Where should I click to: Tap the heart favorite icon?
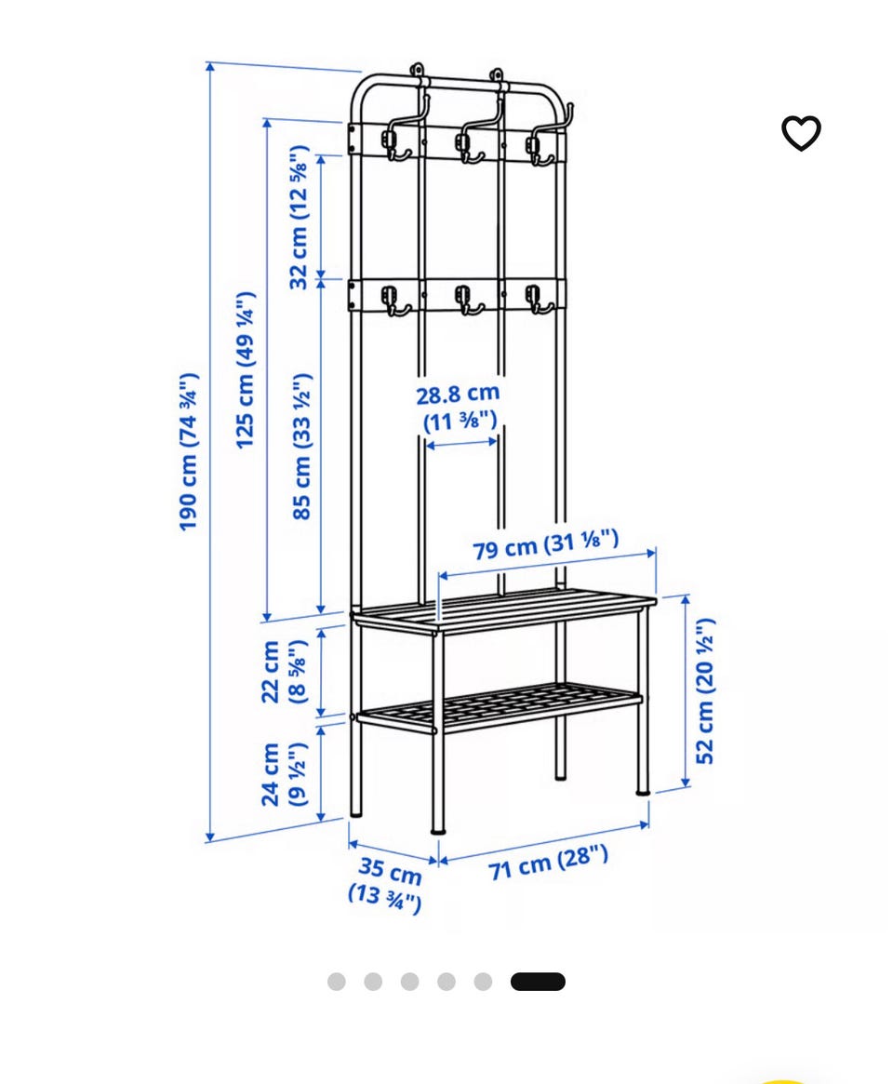coord(801,133)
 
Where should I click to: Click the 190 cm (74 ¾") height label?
coord(189,452)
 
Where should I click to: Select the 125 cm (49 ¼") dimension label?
coord(246,369)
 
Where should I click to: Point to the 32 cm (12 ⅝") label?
coord(299,217)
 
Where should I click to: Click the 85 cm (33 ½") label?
coord(301,447)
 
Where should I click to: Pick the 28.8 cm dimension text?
coord(458,395)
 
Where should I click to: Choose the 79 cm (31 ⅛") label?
coord(545,544)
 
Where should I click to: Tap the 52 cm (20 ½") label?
coord(704,690)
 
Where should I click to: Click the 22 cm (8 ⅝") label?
coord(284,672)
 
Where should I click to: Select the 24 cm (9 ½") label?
coord(284,774)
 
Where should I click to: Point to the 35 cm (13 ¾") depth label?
coord(386,885)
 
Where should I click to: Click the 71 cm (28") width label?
coord(549,863)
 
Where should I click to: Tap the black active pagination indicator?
coord(538,982)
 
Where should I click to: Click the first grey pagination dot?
coord(337,982)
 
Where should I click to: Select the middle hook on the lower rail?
coord(467,300)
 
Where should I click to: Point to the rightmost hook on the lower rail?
coord(538,301)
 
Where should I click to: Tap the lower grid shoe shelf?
coord(499,705)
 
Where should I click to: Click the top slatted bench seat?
coord(503,609)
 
